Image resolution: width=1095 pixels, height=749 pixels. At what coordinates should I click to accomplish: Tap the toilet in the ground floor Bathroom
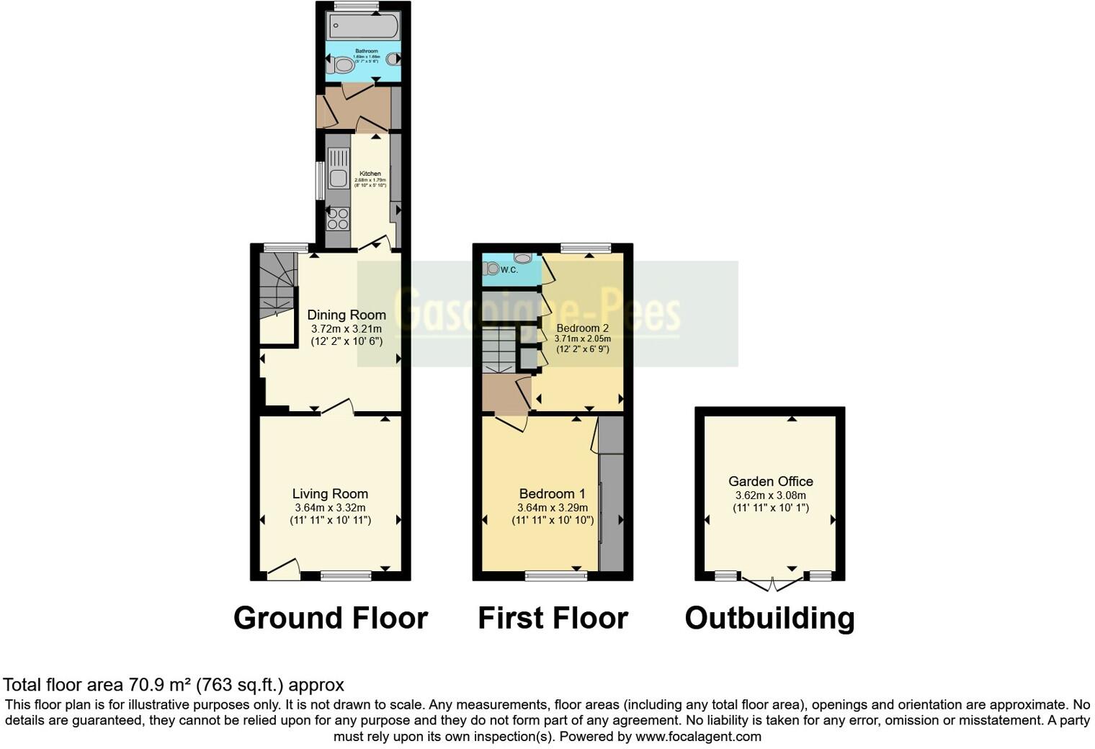(x=343, y=66)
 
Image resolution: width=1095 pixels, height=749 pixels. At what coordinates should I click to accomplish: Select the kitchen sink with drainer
(x=337, y=169)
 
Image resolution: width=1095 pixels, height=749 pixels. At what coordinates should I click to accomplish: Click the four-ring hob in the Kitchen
(x=338, y=217)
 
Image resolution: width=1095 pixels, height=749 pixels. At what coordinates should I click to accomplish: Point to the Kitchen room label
(x=370, y=174)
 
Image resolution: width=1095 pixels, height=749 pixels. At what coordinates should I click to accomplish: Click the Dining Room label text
(x=347, y=315)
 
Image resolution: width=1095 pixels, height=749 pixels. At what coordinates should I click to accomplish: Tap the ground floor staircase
(x=277, y=284)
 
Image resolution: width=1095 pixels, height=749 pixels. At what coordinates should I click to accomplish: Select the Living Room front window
(x=346, y=575)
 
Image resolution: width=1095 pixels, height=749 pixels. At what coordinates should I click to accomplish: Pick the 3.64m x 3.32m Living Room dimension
(x=330, y=508)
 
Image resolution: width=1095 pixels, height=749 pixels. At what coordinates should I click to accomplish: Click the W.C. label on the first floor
(x=509, y=270)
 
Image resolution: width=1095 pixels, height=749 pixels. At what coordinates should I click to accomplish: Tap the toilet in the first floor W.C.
(x=492, y=269)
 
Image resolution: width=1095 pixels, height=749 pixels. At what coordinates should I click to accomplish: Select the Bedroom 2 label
(x=582, y=328)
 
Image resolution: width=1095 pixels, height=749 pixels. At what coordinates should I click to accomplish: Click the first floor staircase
(x=499, y=349)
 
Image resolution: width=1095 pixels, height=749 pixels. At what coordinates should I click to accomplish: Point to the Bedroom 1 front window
(x=555, y=575)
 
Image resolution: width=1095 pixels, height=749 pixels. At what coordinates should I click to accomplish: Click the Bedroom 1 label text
(x=552, y=494)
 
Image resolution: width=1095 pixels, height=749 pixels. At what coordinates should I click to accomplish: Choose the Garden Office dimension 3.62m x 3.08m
(x=770, y=495)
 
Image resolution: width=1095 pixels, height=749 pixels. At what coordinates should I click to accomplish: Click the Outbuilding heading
(x=769, y=618)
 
